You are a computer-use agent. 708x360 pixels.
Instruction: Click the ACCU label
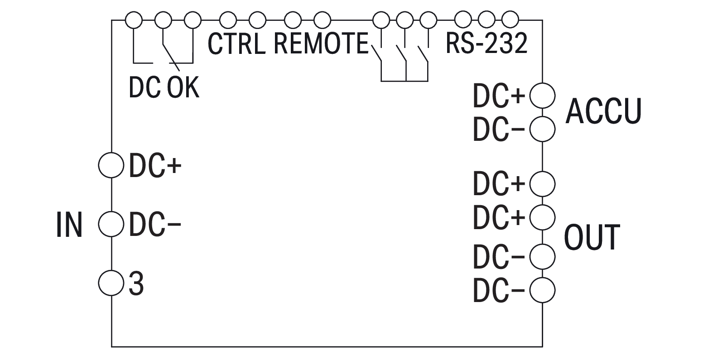coord(603,111)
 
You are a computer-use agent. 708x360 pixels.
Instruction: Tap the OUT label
coord(592,237)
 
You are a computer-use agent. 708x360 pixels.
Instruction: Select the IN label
coord(69,224)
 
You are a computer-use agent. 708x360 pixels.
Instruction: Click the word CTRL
coord(236,44)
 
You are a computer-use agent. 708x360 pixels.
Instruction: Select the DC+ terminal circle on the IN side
coord(111,165)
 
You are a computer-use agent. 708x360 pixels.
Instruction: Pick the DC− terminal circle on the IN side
coord(111,224)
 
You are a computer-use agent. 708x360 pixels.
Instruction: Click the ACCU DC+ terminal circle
coord(542,96)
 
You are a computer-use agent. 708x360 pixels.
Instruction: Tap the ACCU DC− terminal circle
coord(542,129)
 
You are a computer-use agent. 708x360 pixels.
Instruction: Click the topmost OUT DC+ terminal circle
coord(542,183)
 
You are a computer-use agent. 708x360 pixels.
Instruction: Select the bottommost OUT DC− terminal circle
coord(542,290)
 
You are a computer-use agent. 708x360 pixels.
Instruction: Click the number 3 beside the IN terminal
coord(136,284)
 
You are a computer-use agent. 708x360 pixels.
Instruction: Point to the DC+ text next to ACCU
coord(499,96)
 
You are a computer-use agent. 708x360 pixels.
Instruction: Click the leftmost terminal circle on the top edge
coord(133,19)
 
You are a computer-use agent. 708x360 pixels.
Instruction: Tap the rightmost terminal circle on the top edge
coord(510,19)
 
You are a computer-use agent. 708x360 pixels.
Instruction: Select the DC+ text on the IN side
coord(155,166)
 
